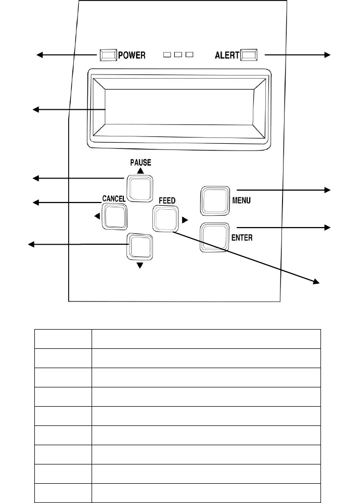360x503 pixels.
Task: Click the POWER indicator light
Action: [108, 55]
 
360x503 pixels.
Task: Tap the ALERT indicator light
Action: [249, 55]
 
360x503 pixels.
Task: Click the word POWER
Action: [132, 56]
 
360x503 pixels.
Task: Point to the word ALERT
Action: [227, 56]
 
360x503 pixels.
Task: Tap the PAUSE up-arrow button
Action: [140, 188]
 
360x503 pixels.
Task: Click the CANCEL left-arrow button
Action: [114, 217]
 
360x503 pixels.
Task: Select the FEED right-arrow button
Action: [165, 219]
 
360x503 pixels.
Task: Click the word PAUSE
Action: [140, 162]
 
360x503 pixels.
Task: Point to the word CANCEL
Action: [114, 199]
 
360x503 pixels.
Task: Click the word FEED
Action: [167, 201]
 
